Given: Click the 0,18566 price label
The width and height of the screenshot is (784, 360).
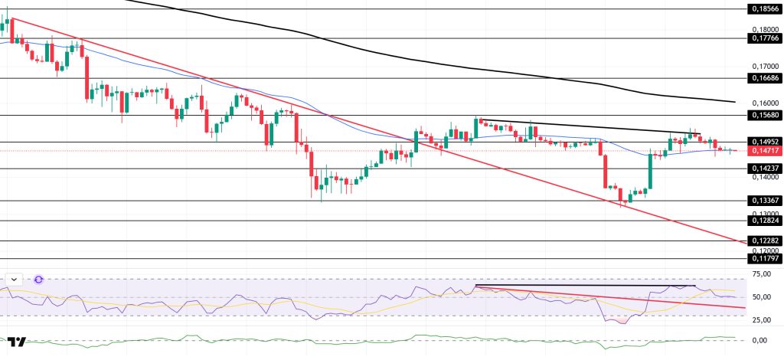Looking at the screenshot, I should click(x=763, y=9).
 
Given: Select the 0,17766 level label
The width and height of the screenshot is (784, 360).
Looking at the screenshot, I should click(x=763, y=38).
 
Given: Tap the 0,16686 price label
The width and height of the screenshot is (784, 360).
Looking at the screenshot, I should click(x=763, y=78).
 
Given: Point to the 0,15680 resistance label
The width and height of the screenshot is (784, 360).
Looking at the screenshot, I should click(x=763, y=115).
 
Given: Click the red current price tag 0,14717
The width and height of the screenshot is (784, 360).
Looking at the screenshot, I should click(x=763, y=151).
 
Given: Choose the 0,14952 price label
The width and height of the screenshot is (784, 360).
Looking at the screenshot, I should click(x=763, y=142).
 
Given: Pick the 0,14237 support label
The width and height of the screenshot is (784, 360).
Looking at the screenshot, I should click(x=763, y=169).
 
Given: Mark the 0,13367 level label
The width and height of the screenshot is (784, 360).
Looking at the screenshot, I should click(x=763, y=201).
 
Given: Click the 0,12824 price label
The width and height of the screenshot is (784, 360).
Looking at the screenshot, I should click(x=763, y=221).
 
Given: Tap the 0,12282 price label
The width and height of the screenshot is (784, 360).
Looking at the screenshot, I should click(x=763, y=241).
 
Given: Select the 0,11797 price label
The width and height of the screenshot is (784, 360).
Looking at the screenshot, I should click(x=763, y=259).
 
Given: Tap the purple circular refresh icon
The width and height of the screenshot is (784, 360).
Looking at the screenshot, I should click(x=39, y=280).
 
